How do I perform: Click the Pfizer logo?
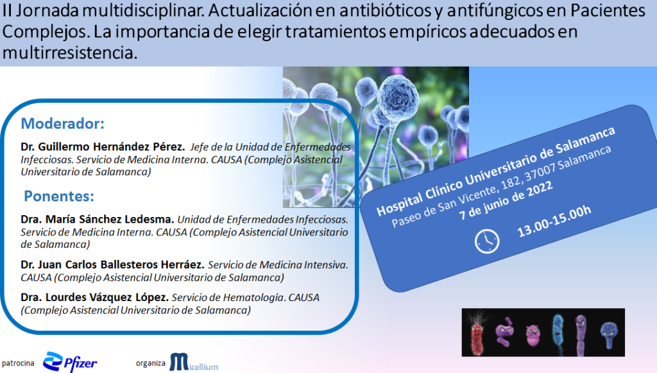[x=70, y=362]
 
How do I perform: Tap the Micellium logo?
[x=194, y=363]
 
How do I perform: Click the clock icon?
[x=487, y=241]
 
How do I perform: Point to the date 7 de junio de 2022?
[x=506, y=200]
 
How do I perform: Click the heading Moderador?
[x=62, y=124]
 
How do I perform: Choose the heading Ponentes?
[x=59, y=196]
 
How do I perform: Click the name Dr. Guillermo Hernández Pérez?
[x=103, y=146]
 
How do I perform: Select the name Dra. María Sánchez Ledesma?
[x=98, y=219]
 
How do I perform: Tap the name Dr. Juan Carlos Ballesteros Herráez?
[x=113, y=265]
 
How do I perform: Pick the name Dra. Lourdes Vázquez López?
[x=95, y=297]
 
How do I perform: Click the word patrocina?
[x=18, y=363]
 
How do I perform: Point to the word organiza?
[x=150, y=363]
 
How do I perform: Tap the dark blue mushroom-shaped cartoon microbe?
[x=608, y=335]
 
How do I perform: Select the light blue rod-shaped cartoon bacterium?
[x=558, y=334]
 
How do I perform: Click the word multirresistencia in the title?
[x=70, y=53]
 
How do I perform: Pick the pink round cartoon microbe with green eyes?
[x=533, y=336]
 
